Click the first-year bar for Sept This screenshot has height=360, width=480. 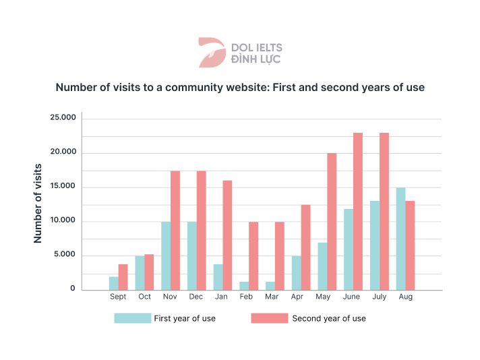click(x=113, y=283)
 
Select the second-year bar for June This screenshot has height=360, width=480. click(x=358, y=211)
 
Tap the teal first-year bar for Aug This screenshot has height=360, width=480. click(x=400, y=239)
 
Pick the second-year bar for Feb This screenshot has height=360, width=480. click(x=253, y=256)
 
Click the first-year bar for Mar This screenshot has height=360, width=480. click(x=270, y=286)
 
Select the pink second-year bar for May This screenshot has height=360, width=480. click(x=332, y=222)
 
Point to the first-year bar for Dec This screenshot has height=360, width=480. click(x=192, y=256)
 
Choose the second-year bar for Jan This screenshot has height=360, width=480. click(x=227, y=235)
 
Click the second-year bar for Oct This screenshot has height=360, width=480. click(x=149, y=272)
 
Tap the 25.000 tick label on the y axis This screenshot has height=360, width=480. click(x=63, y=117)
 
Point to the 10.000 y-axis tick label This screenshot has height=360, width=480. click(x=63, y=220)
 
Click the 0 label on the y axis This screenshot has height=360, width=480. click(x=73, y=288)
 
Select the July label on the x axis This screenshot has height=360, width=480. click(x=380, y=297)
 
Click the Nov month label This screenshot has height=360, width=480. click(x=170, y=297)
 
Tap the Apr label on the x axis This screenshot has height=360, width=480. click(x=297, y=297)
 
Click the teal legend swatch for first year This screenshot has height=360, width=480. click(x=133, y=318)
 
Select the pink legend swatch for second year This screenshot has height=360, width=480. click(x=270, y=318)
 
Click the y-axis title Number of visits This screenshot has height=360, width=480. click(x=37, y=204)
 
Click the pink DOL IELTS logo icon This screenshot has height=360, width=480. click(x=212, y=53)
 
